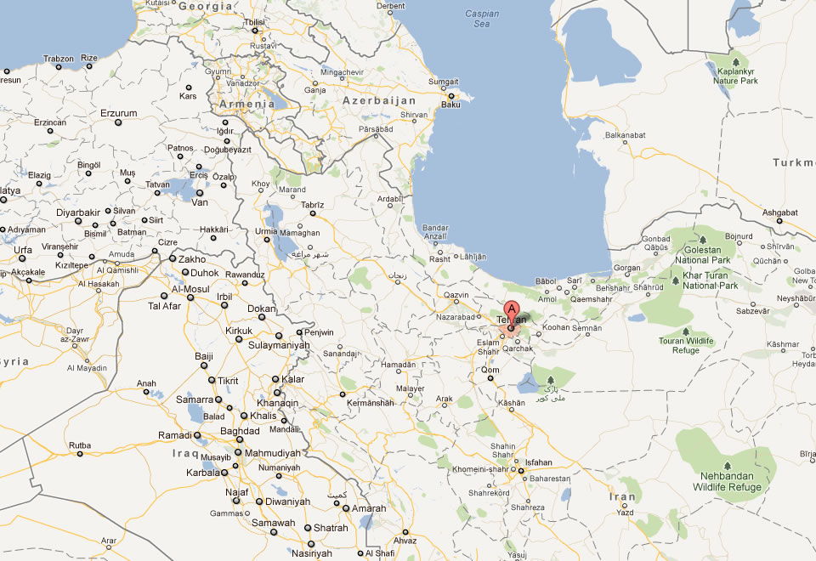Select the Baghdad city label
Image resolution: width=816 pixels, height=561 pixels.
(x=239, y=431)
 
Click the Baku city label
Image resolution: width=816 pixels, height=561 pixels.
(x=451, y=105)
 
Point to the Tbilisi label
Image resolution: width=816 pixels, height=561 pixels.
(x=254, y=22)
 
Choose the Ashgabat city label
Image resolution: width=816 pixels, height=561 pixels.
(x=780, y=212)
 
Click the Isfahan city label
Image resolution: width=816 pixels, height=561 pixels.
(x=539, y=462)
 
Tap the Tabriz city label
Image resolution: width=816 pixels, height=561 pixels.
(x=313, y=205)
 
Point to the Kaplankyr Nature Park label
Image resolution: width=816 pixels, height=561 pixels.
(x=736, y=75)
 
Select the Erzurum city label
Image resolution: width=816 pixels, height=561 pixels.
(x=119, y=113)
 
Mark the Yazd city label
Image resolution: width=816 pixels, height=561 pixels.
(x=625, y=513)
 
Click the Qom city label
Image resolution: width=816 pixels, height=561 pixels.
(x=490, y=371)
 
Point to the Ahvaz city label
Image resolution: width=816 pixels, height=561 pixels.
(x=405, y=540)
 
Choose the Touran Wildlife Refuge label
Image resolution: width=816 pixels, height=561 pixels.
(x=686, y=344)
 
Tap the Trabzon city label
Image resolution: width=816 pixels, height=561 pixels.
(x=59, y=59)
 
